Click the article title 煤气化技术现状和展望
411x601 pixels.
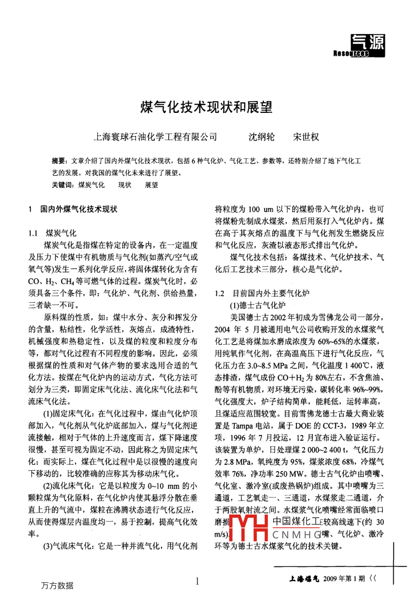[205, 108]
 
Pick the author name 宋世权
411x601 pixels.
[306, 137]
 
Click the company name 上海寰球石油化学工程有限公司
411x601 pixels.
[155, 137]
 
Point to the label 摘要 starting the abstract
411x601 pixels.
[59, 161]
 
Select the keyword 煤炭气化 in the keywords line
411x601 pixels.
[91, 185]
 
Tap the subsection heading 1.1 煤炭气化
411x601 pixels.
[52, 234]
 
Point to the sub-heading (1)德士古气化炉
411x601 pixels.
[258, 306]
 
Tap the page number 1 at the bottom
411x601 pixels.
[197, 581]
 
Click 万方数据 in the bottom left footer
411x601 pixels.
[56, 586]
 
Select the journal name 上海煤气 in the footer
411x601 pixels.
[304, 579]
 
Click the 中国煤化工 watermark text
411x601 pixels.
[296, 521]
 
